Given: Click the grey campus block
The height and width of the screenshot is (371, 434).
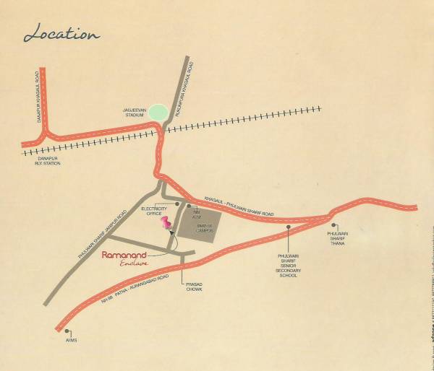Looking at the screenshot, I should click(199, 229).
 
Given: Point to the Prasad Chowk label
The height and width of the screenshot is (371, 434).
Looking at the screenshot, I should click(193, 288).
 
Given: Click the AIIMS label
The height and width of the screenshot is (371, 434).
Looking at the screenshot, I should click(70, 340).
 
